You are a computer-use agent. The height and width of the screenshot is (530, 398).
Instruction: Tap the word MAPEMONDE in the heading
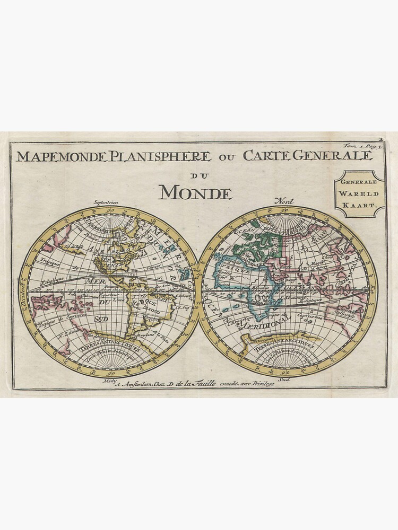[62, 157]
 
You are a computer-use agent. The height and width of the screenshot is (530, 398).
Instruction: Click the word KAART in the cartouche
[359, 204]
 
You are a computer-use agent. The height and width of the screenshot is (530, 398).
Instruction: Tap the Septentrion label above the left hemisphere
[106, 202]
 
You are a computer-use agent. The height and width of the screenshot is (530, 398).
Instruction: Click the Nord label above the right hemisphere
[284, 201]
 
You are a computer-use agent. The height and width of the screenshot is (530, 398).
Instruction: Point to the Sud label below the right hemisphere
[284, 379]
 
